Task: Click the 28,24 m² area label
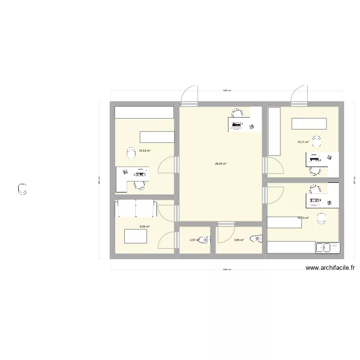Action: (x=221, y=164)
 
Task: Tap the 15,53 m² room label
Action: (x=144, y=151)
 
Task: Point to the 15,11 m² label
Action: (x=303, y=142)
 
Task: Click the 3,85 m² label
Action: (x=239, y=240)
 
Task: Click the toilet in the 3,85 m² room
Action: (x=259, y=238)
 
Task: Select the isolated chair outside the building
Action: (x=22, y=189)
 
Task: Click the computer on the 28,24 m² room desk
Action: (x=236, y=126)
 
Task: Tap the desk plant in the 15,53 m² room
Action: (x=125, y=171)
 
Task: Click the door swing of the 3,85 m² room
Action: (x=225, y=233)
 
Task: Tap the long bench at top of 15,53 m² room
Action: (x=144, y=112)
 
